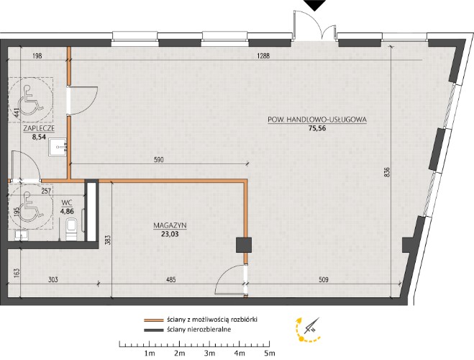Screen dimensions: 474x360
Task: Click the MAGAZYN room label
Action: coord(170,225)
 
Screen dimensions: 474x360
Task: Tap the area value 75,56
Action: coord(317,128)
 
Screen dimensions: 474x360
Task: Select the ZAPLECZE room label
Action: coord(39,128)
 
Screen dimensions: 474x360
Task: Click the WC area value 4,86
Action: coord(67,212)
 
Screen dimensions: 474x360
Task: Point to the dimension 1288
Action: coord(263,55)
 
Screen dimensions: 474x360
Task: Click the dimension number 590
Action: coord(159,159)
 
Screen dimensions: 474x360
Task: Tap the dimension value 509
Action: coord(324,279)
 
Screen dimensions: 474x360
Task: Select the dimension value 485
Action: coord(170,279)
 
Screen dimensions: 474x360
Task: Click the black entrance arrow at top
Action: coord(314,5)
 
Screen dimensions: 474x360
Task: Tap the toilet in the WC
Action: coord(72,229)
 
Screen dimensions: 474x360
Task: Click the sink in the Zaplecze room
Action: coord(58,147)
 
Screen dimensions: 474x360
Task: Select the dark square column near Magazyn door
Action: coord(244,245)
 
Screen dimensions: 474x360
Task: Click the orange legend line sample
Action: coord(154,320)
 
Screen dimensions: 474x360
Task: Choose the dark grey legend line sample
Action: coord(154,330)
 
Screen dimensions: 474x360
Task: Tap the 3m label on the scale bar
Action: coord(209,353)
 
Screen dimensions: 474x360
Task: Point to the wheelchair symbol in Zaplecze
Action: coord(29,100)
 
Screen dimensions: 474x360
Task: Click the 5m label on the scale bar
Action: coord(269,353)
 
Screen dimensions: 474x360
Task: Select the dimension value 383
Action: coord(109,240)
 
